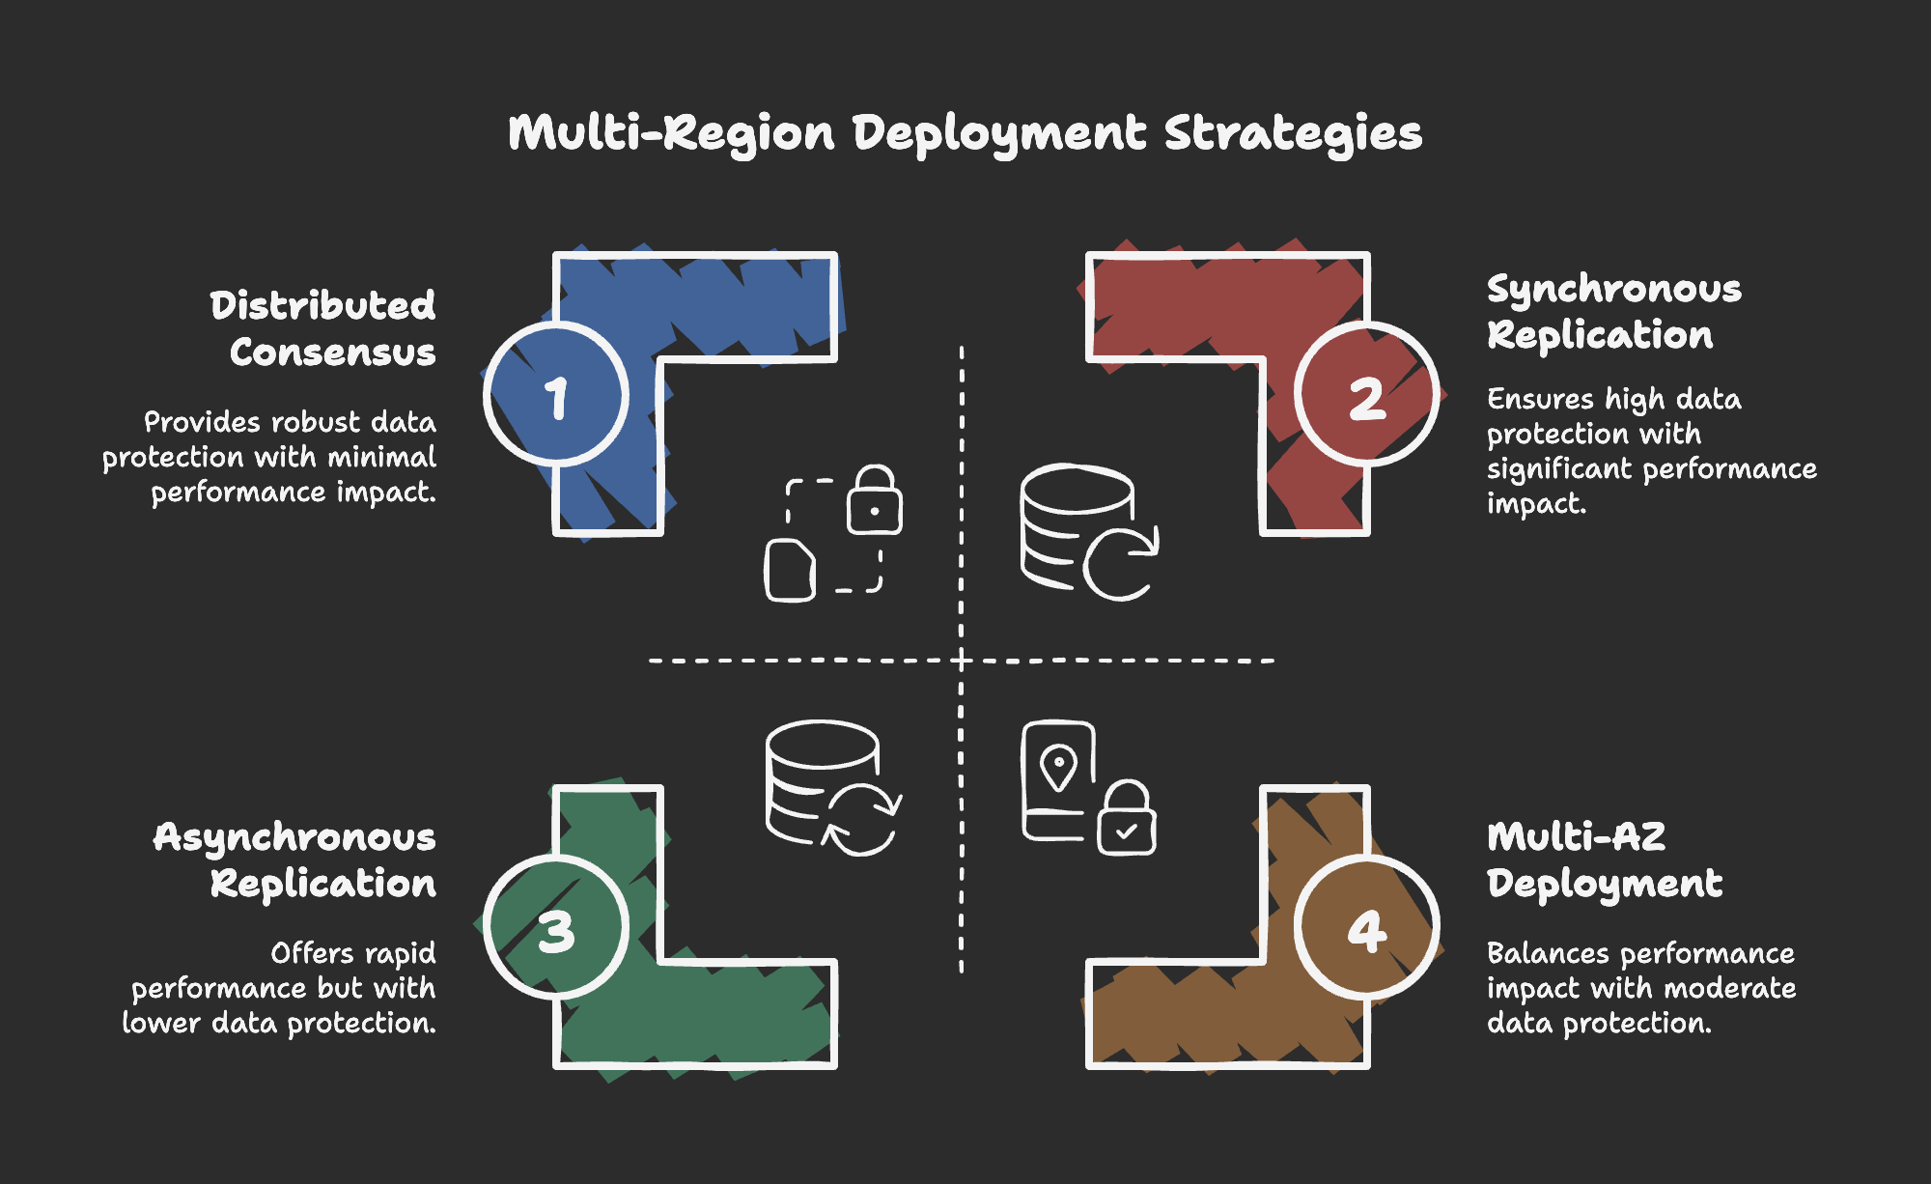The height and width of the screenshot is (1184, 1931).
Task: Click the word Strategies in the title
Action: pos(1293,134)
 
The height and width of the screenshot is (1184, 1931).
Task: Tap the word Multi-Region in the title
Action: pos(671,133)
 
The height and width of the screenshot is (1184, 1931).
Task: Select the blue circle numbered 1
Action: pos(556,394)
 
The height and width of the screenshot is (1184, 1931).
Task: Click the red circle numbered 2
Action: pos(1366,394)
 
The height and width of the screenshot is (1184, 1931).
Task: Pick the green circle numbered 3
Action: pos(556,927)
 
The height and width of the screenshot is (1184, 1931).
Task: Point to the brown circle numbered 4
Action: pos(1366,927)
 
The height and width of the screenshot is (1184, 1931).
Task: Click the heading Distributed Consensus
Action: pos(323,329)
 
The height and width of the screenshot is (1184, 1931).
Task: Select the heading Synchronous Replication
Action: pos(1614,312)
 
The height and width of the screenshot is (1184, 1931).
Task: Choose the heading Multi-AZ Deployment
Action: pos(1605,860)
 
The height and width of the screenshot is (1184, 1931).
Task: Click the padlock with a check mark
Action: pos(1126,818)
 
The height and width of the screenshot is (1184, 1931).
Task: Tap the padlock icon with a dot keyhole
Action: pos(875,499)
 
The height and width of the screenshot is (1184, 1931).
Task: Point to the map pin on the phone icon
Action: pos(1059,768)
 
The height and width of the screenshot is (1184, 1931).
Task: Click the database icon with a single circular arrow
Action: pos(1089,532)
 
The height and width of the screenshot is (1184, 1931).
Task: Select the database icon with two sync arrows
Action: pos(833,788)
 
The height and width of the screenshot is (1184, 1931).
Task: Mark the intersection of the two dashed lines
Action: pos(962,661)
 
